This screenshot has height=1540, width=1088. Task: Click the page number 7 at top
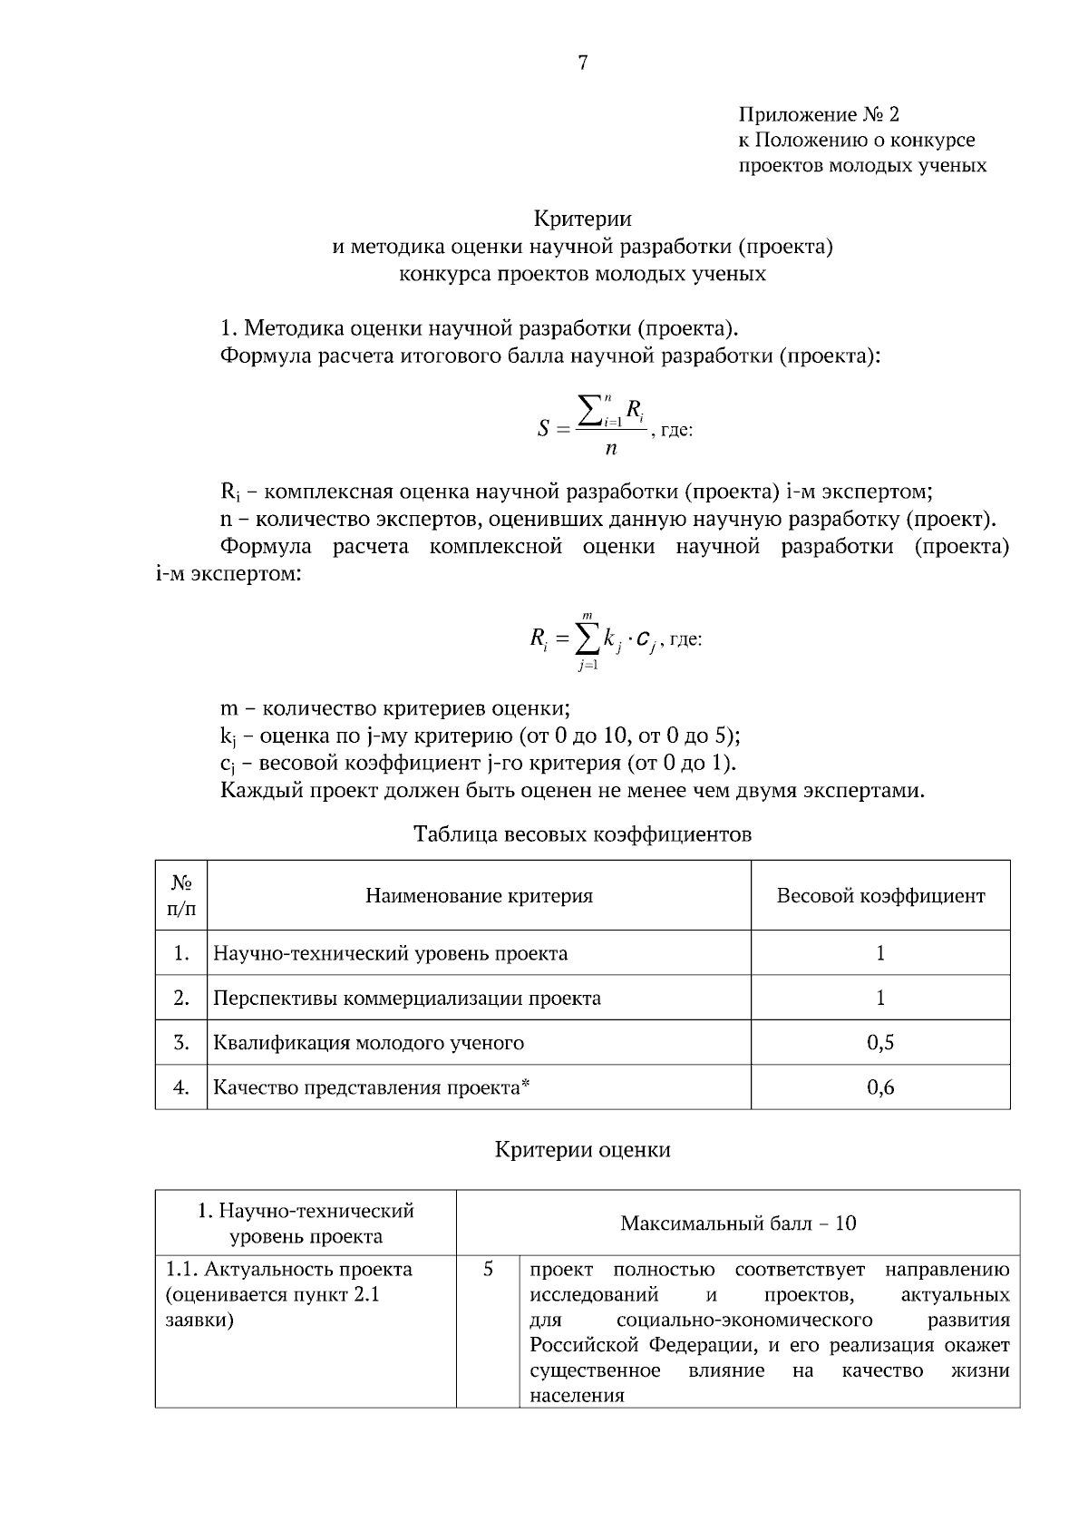[x=582, y=63]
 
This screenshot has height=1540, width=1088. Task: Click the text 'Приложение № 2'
[x=818, y=114]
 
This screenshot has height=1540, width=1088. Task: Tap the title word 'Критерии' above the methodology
[x=582, y=219]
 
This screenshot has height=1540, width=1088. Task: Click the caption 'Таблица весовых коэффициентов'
[x=582, y=833]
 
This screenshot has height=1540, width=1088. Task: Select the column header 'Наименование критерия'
[x=479, y=896]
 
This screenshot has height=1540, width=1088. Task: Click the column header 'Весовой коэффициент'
[x=880, y=896]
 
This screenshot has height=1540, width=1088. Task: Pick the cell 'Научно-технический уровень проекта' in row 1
[x=390, y=953]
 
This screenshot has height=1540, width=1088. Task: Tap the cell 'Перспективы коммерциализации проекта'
[x=406, y=999]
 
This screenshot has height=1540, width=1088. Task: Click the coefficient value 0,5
[x=880, y=1043]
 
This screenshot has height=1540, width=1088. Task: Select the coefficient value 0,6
[x=880, y=1087]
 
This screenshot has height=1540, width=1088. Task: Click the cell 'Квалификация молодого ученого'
[x=368, y=1043]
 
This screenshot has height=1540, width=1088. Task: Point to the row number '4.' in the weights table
[x=181, y=1087]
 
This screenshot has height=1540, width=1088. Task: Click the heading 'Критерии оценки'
[x=582, y=1150]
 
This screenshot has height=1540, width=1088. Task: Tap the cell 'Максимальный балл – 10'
[x=738, y=1223]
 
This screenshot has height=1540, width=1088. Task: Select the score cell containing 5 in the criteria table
[x=488, y=1270]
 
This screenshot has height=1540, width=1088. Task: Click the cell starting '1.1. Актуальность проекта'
[x=288, y=1294]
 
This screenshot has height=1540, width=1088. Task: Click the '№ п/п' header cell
[x=181, y=895]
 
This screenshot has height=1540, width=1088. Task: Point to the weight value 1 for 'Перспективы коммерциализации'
[x=880, y=999]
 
